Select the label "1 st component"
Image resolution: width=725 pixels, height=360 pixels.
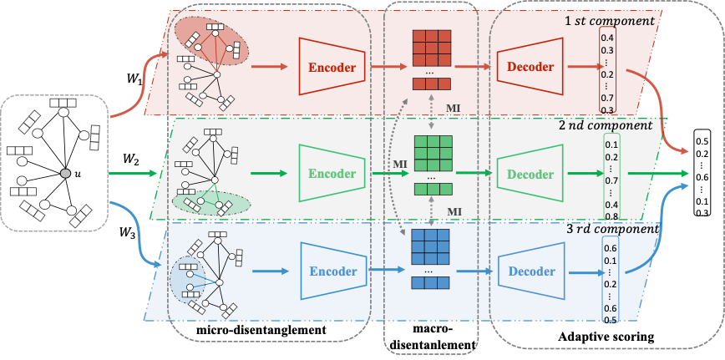[x=609, y=20]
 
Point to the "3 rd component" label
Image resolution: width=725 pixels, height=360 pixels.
[x=612, y=229]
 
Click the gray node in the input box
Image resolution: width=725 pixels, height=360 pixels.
[x=66, y=173]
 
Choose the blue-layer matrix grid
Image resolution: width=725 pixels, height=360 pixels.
[x=431, y=247]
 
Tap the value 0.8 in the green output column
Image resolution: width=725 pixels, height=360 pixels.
[x=611, y=216]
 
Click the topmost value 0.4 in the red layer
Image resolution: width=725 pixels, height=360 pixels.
[x=609, y=38]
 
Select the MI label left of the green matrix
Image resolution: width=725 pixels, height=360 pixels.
[x=400, y=164]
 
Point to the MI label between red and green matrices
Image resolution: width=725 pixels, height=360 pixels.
[x=453, y=109]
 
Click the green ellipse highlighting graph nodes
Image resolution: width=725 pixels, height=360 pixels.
[x=210, y=203]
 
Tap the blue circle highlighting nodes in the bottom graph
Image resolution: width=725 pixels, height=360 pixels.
[x=186, y=280]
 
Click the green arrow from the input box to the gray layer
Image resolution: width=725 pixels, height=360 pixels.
[x=134, y=173]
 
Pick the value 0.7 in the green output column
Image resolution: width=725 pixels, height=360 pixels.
[x=611, y=180]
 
